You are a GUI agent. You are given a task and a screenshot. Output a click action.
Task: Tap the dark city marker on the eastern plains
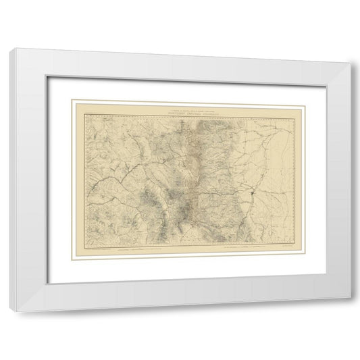[251, 197]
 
